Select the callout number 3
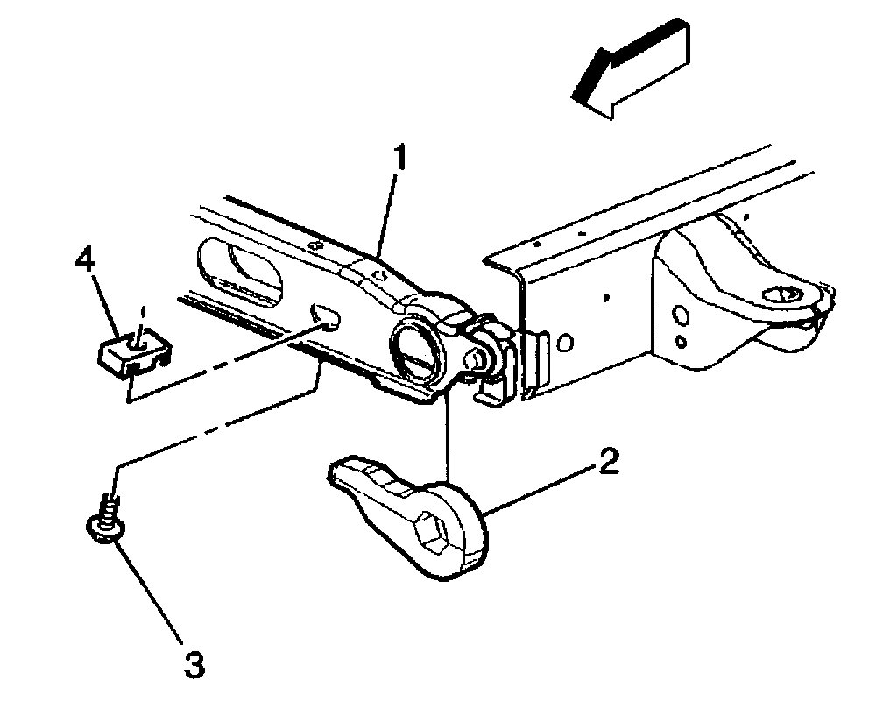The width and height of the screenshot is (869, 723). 194,664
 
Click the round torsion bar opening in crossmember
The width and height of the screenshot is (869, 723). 415,347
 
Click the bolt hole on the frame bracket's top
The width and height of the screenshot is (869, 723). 782,296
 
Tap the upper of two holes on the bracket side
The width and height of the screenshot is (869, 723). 680,313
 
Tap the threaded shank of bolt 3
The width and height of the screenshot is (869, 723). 109,506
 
